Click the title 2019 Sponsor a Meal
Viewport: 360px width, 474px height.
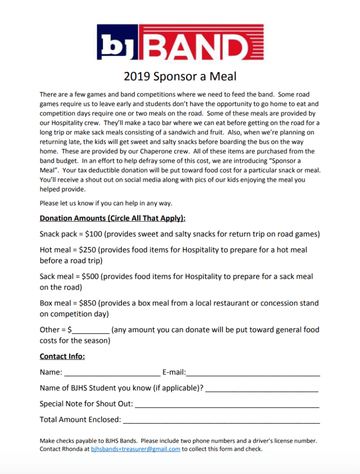pos(180,76)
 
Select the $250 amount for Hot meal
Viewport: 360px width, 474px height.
pos(88,250)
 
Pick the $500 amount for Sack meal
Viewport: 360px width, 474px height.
pos(90,277)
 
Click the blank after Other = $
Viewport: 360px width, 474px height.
pos(91,330)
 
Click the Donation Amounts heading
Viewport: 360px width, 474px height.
pos(113,218)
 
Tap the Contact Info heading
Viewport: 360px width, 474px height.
pos(62,356)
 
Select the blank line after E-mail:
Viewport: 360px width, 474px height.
pos(253,373)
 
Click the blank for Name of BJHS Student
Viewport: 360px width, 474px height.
pos(262,388)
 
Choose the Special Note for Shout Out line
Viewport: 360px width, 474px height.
pos(227,404)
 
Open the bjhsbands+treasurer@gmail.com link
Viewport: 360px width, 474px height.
pos(135,449)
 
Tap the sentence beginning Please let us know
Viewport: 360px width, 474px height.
pos(106,203)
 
